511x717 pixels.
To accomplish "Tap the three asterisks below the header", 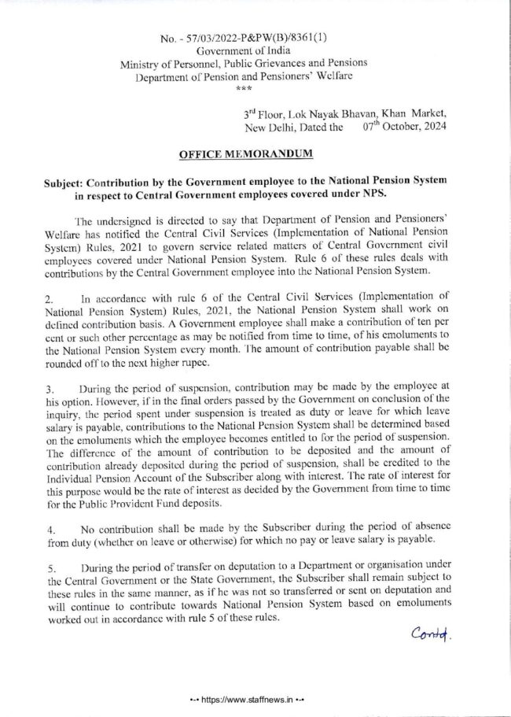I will [253, 90].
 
